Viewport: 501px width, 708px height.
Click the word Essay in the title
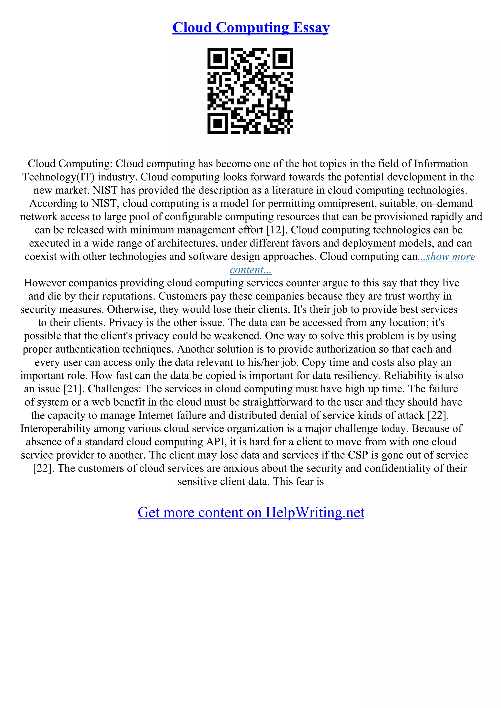(311, 28)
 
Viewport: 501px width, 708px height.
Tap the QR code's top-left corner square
(218, 59)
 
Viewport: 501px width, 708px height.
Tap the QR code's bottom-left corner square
(218, 123)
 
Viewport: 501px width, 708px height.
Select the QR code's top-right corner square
(283, 59)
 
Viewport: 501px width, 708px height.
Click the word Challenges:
(114, 389)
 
